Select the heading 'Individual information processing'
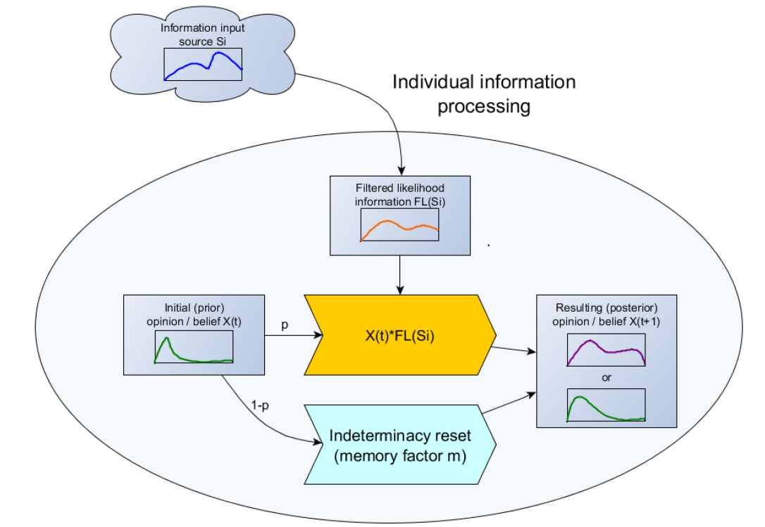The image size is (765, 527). pyautogui.click(x=483, y=94)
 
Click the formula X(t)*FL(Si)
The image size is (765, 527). pyautogui.click(x=399, y=336)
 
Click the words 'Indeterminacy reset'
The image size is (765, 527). pyautogui.click(x=399, y=436)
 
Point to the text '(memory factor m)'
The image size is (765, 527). pyautogui.click(x=399, y=456)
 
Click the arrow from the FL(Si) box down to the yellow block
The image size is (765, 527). pyautogui.click(x=400, y=274)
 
